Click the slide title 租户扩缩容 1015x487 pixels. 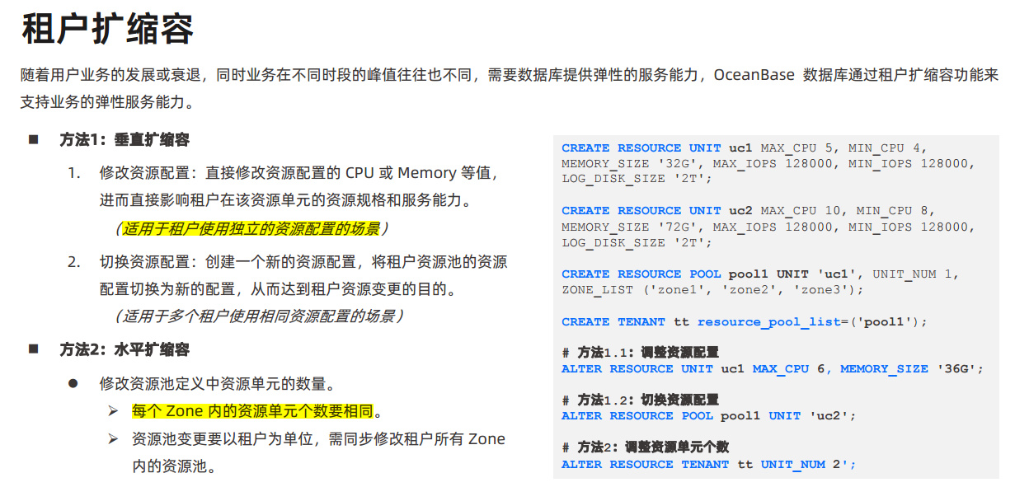coord(107,30)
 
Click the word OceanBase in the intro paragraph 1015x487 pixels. coord(754,75)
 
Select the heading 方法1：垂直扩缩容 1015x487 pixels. coord(125,140)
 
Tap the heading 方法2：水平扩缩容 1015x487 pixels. coord(125,350)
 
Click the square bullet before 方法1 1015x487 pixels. coord(34,140)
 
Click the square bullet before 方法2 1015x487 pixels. coord(34,349)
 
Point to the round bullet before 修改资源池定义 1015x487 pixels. coord(73,384)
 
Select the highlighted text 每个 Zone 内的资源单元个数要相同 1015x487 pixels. coord(251,411)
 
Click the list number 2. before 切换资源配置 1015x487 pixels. coord(74,262)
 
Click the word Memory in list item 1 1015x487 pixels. coord(426,173)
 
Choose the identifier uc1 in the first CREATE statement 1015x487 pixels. coord(740,148)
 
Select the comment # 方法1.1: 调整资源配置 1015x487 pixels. coord(640,353)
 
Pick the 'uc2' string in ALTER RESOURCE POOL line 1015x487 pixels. coord(829,416)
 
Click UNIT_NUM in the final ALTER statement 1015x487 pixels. coord(792,465)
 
